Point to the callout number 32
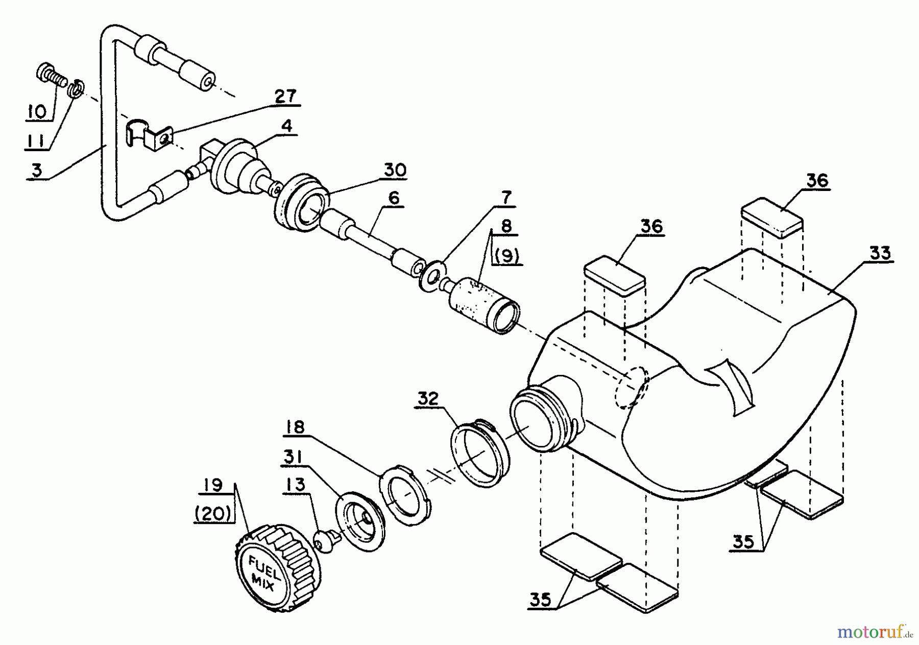pos(428,398)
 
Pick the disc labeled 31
pos(359,518)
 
